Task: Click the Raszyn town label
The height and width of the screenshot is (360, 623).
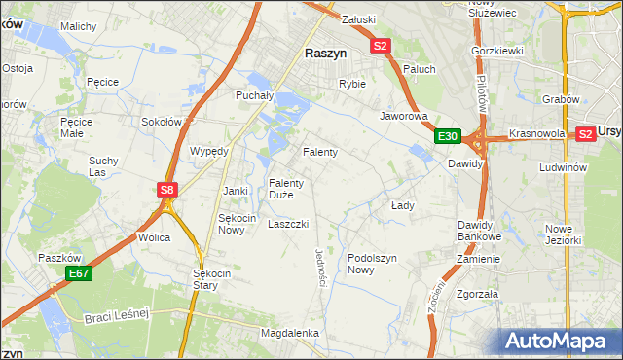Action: pyautogui.click(x=328, y=54)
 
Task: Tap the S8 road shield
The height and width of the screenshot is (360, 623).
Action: pyautogui.click(x=167, y=191)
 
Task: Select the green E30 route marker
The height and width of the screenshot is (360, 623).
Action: pyautogui.click(x=448, y=136)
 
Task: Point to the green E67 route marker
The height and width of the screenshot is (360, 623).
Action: pyautogui.click(x=79, y=275)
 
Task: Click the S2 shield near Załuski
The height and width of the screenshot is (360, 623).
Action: pyautogui.click(x=380, y=46)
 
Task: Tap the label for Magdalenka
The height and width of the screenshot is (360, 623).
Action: pyautogui.click(x=290, y=333)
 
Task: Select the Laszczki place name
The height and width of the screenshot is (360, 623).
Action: pyautogui.click(x=288, y=223)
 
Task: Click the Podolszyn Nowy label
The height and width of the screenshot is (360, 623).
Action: pyautogui.click(x=374, y=264)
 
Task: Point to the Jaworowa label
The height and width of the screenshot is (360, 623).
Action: pyautogui.click(x=404, y=115)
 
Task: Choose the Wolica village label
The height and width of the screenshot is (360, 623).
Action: pyautogui.click(x=155, y=237)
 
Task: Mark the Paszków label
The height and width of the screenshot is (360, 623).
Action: pyautogui.click(x=58, y=258)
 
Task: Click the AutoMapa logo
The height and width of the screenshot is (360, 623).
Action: pyautogui.click(x=559, y=342)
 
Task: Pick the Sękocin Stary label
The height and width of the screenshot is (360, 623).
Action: pyautogui.click(x=212, y=280)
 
